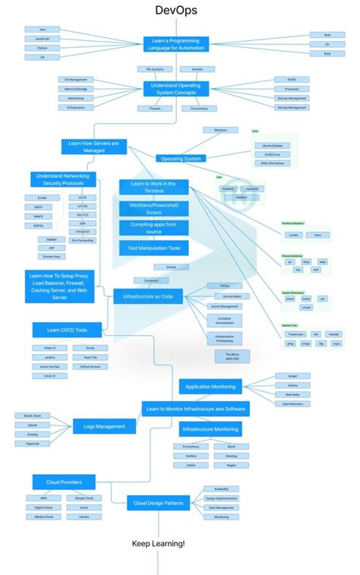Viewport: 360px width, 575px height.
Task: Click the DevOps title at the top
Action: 175,10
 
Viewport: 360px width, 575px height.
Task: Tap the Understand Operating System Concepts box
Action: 175,89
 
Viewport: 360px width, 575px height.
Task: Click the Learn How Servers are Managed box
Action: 93,146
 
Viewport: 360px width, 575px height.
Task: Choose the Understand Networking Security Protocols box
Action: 62,179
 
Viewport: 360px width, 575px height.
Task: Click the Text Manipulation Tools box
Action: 154,247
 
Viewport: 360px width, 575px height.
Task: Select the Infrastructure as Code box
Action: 148,296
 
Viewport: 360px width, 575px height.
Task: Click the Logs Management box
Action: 104,426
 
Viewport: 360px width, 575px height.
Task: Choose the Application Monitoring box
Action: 210,387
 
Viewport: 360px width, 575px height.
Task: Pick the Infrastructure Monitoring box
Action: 211,429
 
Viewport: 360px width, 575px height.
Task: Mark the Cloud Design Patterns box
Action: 157,502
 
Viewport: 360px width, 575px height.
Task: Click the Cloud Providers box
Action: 63,482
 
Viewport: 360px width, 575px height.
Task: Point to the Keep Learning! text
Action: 158,544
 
